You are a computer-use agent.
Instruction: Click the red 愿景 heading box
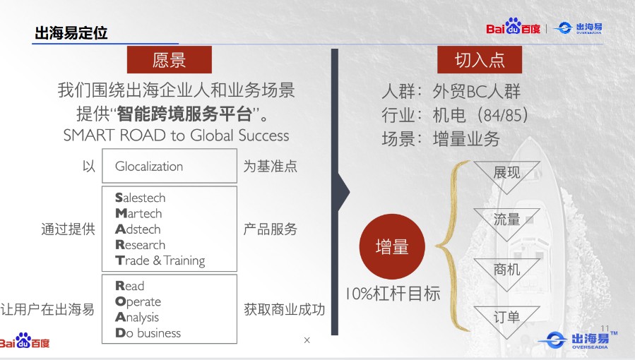coord(170,59)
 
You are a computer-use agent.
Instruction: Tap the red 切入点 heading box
coord(480,60)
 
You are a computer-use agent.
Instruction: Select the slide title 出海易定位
coord(71,32)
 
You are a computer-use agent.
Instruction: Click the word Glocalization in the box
coord(149,167)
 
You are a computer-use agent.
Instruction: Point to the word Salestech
coord(141,198)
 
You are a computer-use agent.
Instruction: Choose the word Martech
coord(138,213)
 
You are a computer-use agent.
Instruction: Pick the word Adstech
coord(138,229)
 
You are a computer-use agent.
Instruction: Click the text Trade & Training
coord(160,261)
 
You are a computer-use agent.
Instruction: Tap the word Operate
coord(138,301)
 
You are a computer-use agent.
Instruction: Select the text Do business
coord(148,333)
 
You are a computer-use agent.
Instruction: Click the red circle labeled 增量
coord(392,246)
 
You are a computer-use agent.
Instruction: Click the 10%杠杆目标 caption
coord(393,294)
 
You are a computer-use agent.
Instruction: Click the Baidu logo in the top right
coord(513,27)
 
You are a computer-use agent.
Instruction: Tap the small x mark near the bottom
coord(307,340)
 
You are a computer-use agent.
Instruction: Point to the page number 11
coord(605,328)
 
